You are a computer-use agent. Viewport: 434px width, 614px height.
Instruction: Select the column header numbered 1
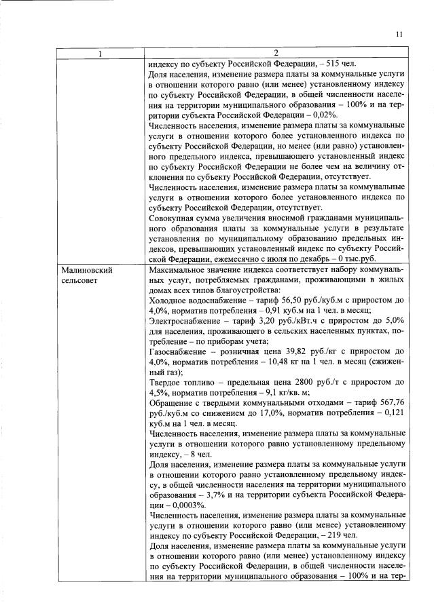pyautogui.click(x=101, y=53)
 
